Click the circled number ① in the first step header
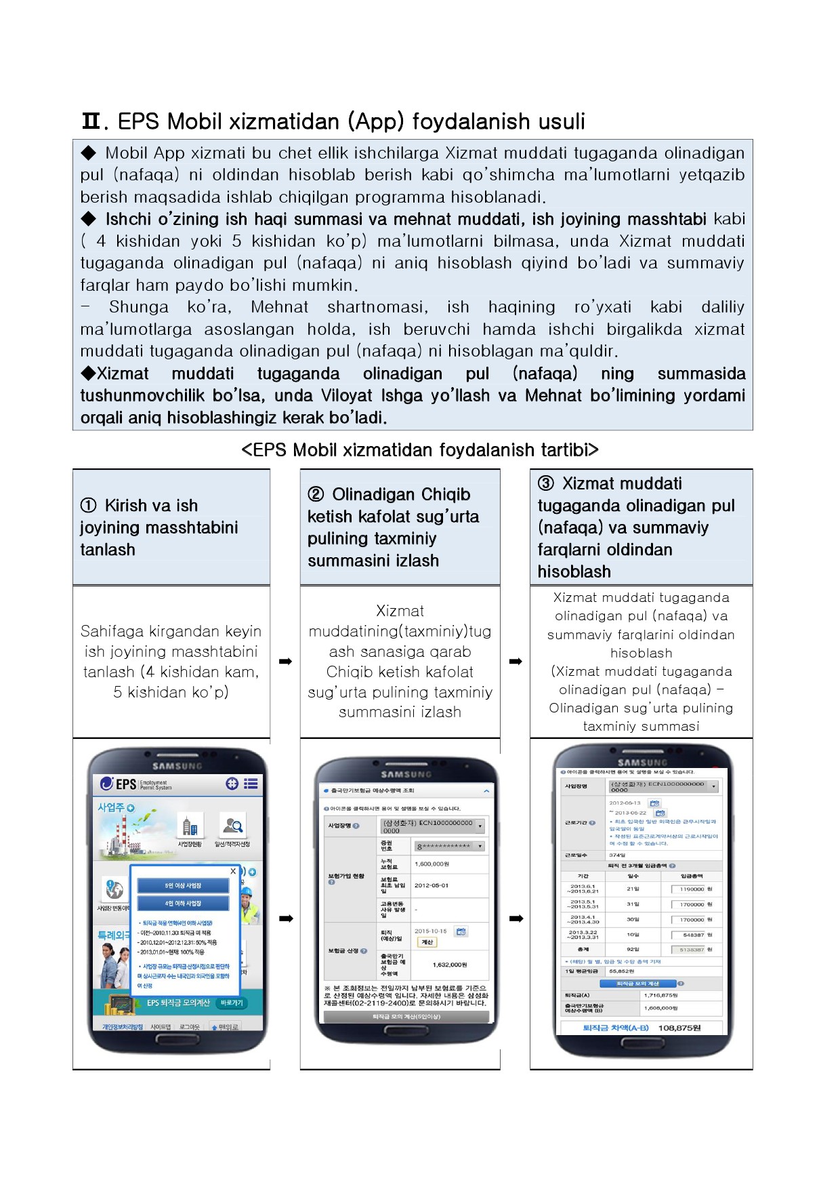pyautogui.click(x=88, y=506)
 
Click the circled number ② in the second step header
pyautogui.click(x=315, y=494)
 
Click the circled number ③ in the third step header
pyautogui.click(x=545, y=483)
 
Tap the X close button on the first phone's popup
pyautogui.click(x=233, y=871)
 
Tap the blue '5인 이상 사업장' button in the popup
pyautogui.click(x=183, y=885)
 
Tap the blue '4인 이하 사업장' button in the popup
pyautogui.click(x=183, y=903)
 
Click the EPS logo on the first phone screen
pyautogui.click(x=119, y=784)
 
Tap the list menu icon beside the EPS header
pyautogui.click(x=251, y=784)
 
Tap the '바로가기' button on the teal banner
pyautogui.click(x=231, y=1003)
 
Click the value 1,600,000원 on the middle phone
pyautogui.click(x=432, y=864)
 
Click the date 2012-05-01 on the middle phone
pyautogui.click(x=432, y=885)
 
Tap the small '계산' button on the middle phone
pyautogui.click(x=427, y=942)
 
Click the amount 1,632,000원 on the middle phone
pyautogui.click(x=450, y=965)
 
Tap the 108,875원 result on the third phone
pyautogui.click(x=679, y=1028)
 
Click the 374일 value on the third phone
pyautogui.click(x=617, y=855)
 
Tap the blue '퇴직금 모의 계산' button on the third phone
pyautogui.click(x=637, y=983)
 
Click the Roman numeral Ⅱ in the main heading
pyautogui.click(x=91, y=122)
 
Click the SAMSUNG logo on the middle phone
pyautogui.click(x=406, y=774)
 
